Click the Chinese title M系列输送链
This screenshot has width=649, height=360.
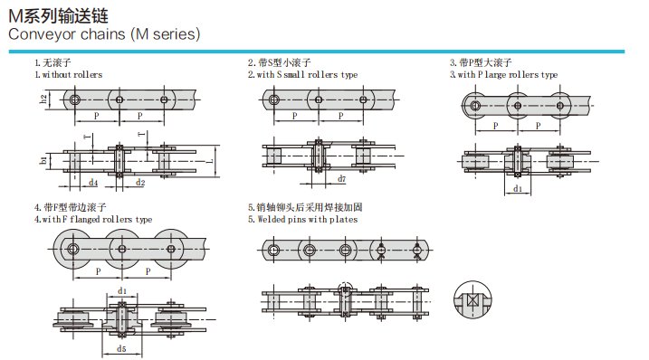58,16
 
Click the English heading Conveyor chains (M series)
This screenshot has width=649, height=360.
104,34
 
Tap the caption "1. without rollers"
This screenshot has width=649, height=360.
68,74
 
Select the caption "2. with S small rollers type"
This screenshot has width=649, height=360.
302,74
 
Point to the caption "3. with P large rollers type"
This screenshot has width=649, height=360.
503,74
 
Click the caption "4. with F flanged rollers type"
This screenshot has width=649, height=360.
93,219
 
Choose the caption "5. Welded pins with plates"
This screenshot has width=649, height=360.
302,219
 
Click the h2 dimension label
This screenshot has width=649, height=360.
43,99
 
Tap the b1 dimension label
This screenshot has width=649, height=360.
43,159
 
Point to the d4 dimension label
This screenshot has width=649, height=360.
93,183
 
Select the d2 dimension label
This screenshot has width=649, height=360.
140,183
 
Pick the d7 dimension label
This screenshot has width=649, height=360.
341,179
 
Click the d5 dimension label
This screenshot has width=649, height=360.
121,349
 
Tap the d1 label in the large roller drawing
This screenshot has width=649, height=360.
518,189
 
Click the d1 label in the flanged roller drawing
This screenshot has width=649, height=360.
122,291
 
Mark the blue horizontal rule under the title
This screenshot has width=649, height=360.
317,52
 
